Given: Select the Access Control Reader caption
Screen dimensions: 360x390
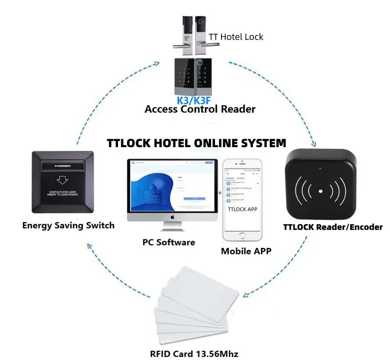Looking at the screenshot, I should coord(200,109).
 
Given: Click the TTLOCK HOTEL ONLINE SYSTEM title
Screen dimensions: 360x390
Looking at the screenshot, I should coord(197,143).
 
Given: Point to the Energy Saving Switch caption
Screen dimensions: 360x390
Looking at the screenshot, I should coord(68,226).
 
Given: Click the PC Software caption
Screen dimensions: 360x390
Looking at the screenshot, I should coord(169,242).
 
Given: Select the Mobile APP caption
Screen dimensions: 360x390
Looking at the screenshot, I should coord(246,251).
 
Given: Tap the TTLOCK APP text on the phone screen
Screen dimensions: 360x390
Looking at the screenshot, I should coord(242,209).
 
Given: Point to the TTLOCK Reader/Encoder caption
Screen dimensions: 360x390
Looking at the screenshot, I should coord(333,227).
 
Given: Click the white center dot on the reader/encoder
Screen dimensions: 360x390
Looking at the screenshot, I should coord(321,191).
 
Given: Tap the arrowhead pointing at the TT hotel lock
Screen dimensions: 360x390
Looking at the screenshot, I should coord(156,63).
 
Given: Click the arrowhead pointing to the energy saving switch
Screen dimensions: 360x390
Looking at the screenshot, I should coord(89,246).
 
